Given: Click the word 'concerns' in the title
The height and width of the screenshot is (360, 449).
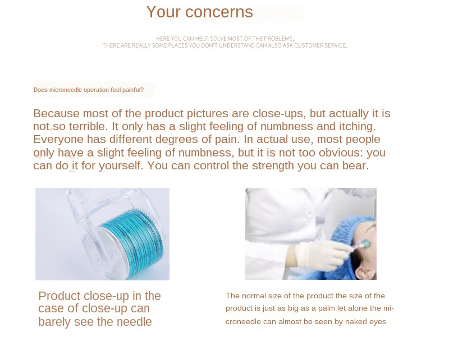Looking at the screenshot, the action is point(219,12).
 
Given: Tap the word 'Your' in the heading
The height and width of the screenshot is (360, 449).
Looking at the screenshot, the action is point(163,12).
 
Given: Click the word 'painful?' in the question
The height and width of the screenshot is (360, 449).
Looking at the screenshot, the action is point(133,90).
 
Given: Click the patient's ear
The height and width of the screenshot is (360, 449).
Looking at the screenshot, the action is point(365,273).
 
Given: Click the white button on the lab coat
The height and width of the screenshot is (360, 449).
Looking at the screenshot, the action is point(309,213).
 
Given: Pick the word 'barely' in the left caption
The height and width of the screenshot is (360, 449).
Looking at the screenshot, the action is point(54,322).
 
